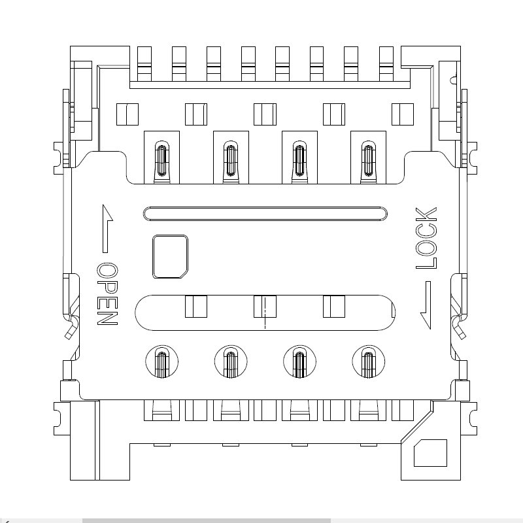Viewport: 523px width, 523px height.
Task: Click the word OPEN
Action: pos(107,295)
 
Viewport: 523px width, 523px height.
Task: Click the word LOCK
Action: pos(426,238)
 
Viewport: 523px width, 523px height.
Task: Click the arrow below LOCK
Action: pos(426,305)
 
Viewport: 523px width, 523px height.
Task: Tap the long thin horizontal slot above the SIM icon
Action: pos(265,213)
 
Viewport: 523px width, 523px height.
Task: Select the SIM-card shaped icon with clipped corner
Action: pos(171,257)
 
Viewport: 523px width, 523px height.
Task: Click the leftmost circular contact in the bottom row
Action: pos(161,362)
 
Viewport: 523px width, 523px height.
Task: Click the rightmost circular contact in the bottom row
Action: pos(369,362)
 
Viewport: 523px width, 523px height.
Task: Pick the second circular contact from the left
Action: pos(230,362)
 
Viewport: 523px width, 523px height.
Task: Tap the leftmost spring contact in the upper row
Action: pos(161,160)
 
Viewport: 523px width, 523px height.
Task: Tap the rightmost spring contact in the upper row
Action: pos(369,160)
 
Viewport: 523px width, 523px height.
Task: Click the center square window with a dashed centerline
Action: pos(265,306)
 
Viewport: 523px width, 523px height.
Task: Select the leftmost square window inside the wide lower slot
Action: pos(196,306)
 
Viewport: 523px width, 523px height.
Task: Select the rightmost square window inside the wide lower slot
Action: pos(333,306)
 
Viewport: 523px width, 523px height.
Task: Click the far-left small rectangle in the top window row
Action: pos(127,114)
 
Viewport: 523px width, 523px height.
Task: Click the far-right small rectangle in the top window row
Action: pos(402,114)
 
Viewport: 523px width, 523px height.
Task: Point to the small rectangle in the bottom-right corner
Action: pos(431,453)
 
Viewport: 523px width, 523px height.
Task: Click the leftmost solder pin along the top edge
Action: pos(144,63)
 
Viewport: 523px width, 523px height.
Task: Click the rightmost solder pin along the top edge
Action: pos(385,63)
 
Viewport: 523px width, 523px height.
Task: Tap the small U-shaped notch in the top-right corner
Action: pos(453,80)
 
